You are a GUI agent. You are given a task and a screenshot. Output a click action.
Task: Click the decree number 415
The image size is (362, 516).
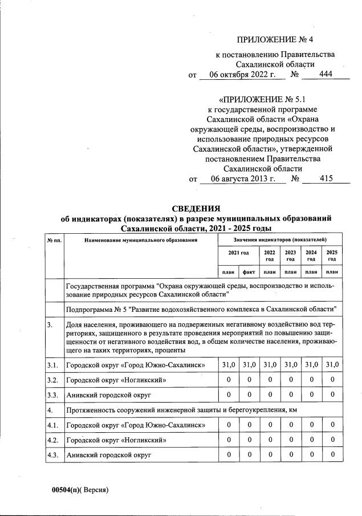click(x=326, y=178)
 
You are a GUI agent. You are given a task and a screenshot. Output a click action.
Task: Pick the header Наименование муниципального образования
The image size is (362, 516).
click(x=141, y=240)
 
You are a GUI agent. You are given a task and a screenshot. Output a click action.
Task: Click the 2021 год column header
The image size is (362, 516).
click(x=239, y=252)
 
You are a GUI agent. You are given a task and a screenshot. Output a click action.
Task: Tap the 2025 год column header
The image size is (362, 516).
click(x=332, y=255)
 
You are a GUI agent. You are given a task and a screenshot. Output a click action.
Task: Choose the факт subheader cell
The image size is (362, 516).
click(x=249, y=273)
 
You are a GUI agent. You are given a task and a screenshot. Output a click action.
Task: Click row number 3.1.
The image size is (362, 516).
click(x=54, y=364)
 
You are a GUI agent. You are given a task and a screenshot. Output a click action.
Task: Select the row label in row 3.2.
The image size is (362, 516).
click(x=116, y=379)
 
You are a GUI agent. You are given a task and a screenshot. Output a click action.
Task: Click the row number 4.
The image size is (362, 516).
click(x=51, y=409)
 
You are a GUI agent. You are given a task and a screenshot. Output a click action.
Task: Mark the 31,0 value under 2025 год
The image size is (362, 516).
click(x=332, y=364)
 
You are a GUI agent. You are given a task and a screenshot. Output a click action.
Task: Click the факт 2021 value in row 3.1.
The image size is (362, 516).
click(x=249, y=364)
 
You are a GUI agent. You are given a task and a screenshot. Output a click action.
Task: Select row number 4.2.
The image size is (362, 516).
click(x=54, y=440)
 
